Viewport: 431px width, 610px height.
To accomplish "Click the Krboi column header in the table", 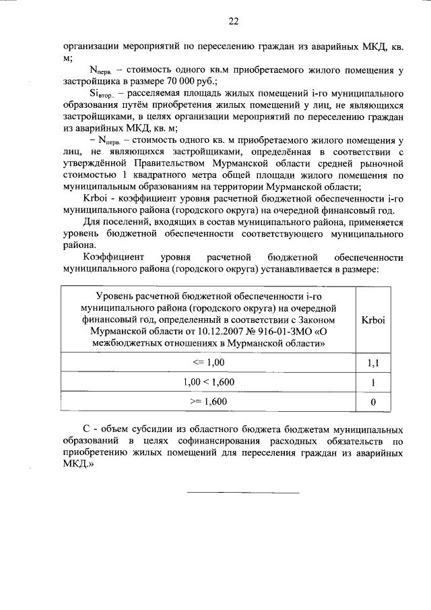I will (x=372, y=320).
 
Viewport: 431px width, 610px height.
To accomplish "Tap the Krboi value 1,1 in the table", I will (x=372, y=363).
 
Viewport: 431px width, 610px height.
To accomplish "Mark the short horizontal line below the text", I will (x=242, y=493).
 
